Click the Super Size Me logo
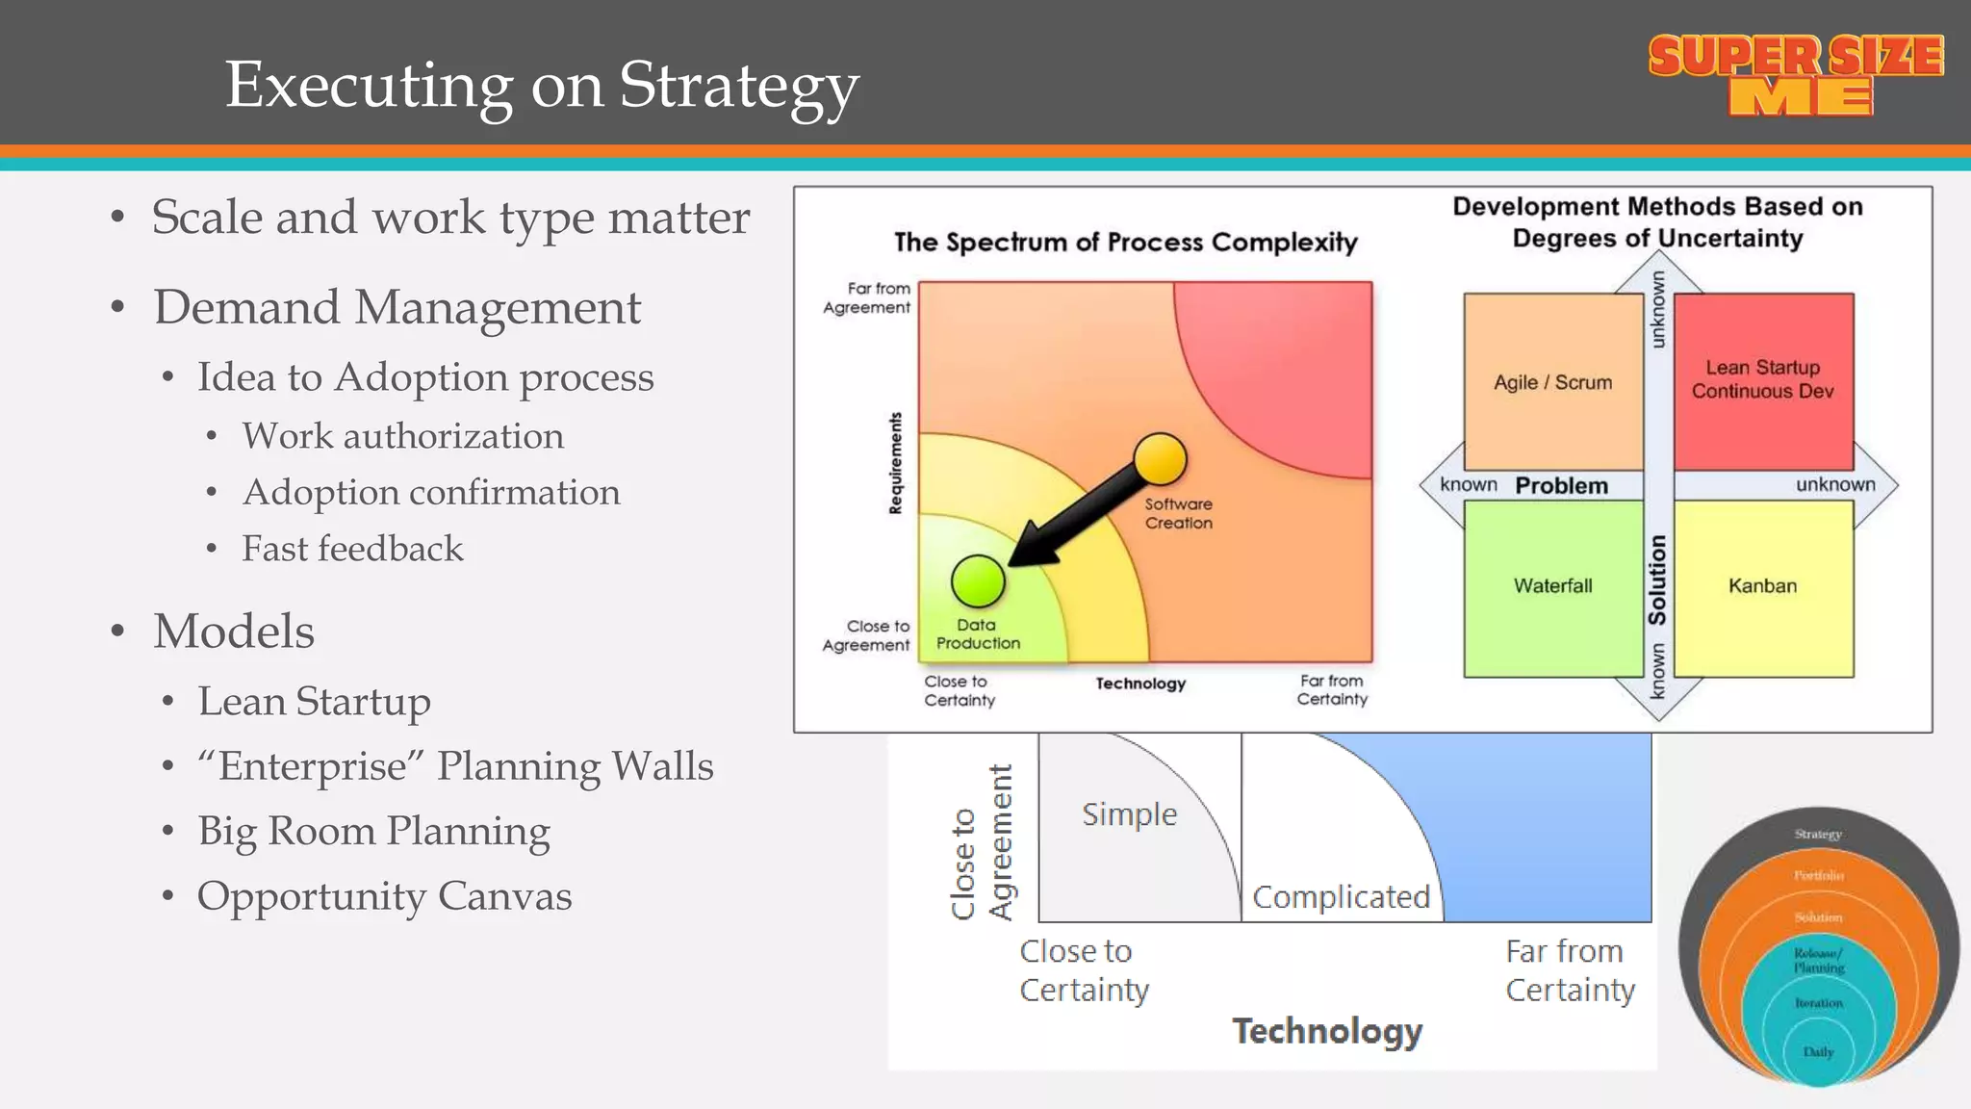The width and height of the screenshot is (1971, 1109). point(1796,75)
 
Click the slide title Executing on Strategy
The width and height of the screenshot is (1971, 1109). point(541,86)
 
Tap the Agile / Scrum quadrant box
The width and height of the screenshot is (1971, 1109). point(1552,382)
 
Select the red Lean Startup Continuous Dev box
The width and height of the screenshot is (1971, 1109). point(1763,380)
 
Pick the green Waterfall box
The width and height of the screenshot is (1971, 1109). point(1552,586)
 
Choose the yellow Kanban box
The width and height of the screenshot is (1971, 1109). point(1762,586)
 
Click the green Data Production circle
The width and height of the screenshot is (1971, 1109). point(978,580)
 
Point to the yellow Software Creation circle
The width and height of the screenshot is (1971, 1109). point(1160,459)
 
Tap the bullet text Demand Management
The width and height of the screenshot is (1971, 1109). point(397,308)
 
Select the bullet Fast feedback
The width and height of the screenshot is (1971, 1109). point(352,549)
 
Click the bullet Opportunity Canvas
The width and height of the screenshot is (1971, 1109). point(384,896)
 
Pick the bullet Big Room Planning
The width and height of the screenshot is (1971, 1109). point(373,832)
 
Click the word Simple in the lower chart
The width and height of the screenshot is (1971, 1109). point(1129,814)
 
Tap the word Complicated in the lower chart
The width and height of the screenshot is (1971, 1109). point(1341,897)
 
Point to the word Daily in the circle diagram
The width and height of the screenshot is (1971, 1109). point(1818,1052)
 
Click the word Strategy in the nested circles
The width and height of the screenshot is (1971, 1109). point(1818,834)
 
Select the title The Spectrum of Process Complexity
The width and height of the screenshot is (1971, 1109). point(1125,242)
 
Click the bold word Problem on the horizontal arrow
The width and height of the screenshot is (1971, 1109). point(1561,486)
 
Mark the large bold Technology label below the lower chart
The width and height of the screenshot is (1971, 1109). point(1327,1031)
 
